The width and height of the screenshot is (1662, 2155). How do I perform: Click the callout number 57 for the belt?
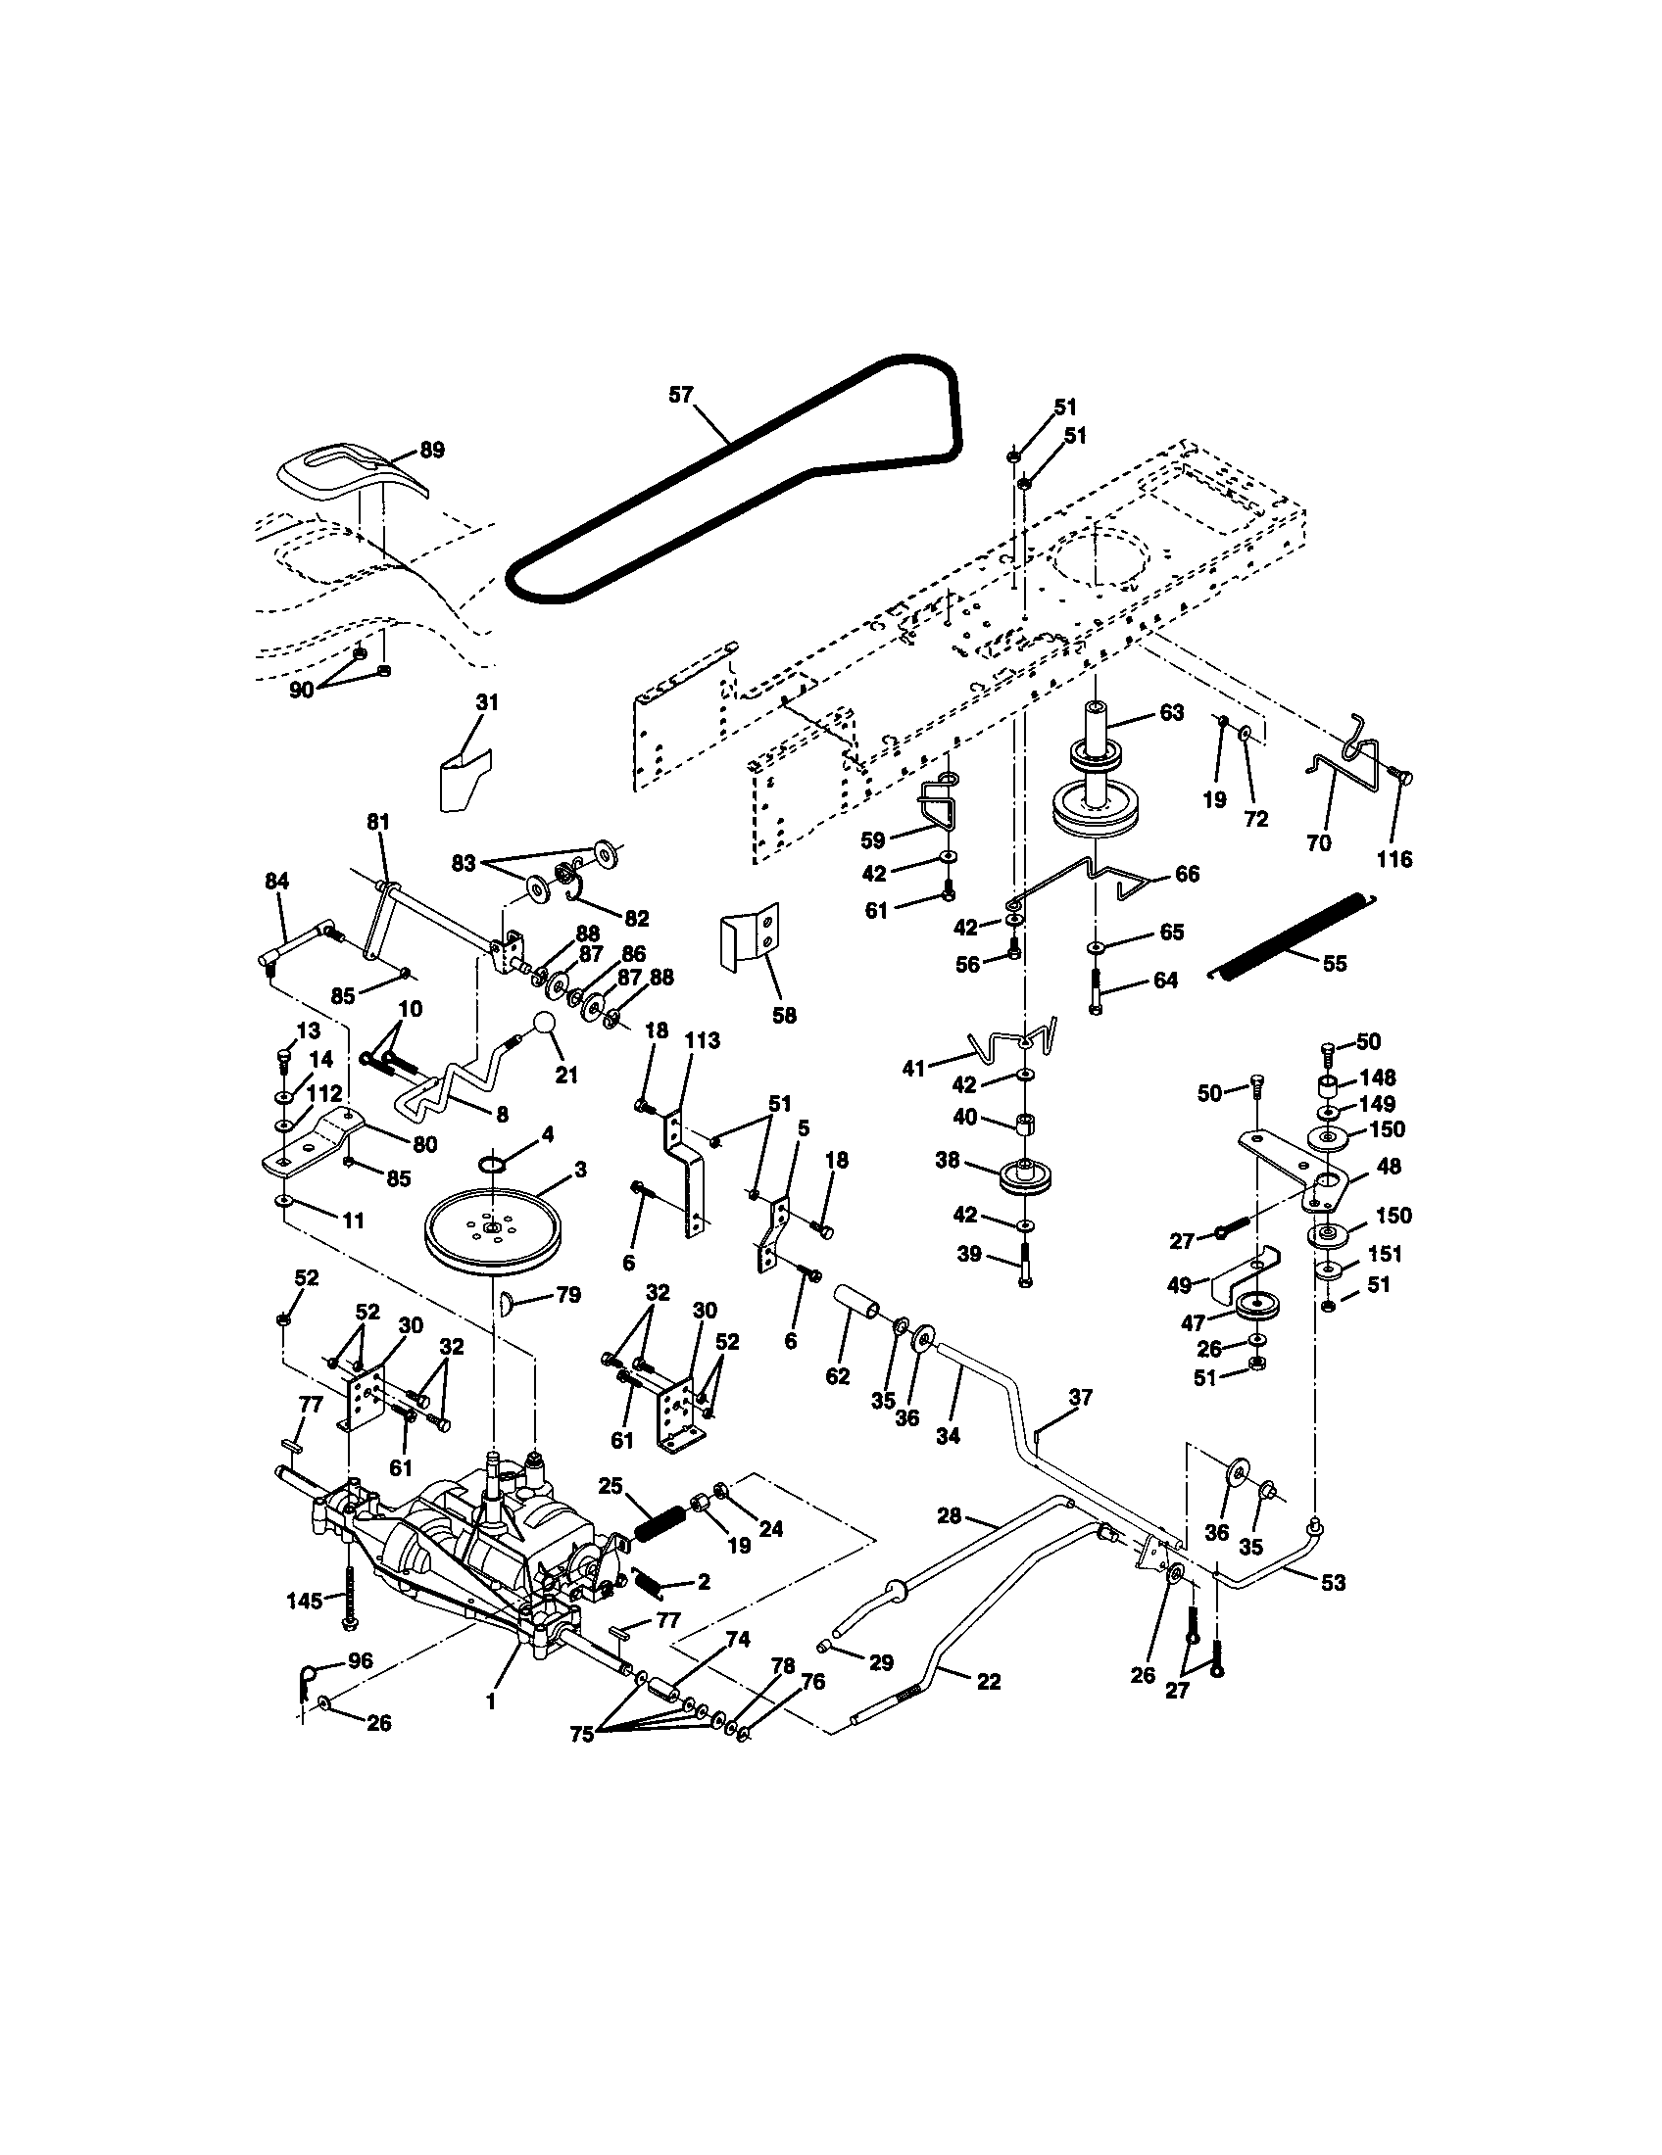[681, 395]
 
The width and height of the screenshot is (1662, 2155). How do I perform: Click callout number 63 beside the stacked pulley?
[1171, 712]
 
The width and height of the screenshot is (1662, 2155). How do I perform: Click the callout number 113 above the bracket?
[703, 1040]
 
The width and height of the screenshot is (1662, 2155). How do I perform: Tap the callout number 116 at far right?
[1394, 859]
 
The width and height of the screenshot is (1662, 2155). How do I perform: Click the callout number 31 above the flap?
[487, 702]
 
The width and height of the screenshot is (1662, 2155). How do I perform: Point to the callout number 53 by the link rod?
[1333, 1583]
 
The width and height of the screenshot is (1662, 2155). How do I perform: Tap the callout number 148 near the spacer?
[1378, 1077]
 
